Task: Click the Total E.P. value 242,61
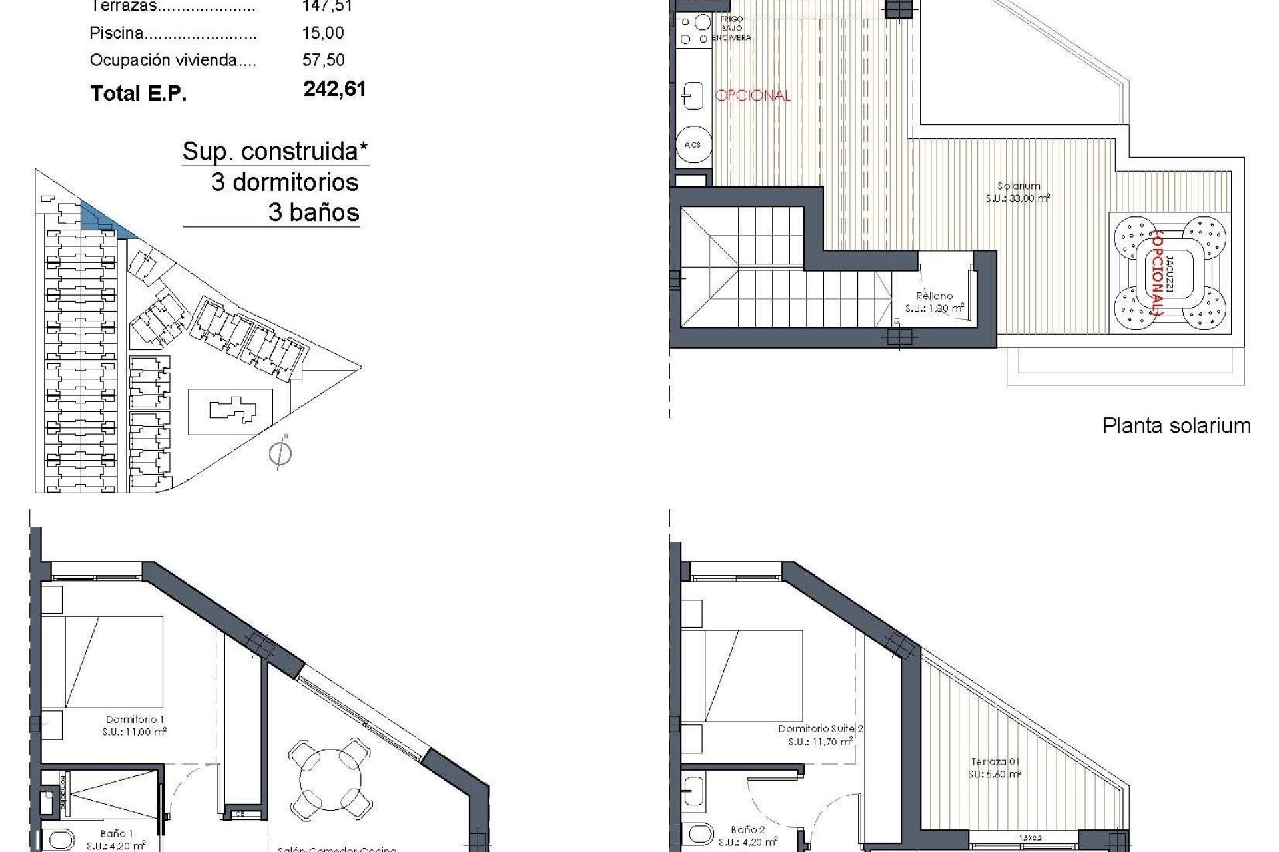pos(334,89)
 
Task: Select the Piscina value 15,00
pos(323,33)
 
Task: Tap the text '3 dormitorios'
pos(285,182)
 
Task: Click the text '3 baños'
pos(314,213)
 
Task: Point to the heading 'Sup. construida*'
pos(275,152)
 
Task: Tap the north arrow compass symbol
pos(280,454)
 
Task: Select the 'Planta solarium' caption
pos(1176,426)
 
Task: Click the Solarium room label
pos(1019,186)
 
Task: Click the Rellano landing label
pos(934,296)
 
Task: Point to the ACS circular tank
pos(693,144)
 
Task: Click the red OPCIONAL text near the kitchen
pos(753,95)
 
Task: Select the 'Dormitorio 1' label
pos(135,719)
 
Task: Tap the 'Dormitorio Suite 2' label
pos(820,729)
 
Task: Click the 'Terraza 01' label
pos(995,762)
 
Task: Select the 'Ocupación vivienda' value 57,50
pos(323,60)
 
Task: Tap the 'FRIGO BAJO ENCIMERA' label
pos(731,29)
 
